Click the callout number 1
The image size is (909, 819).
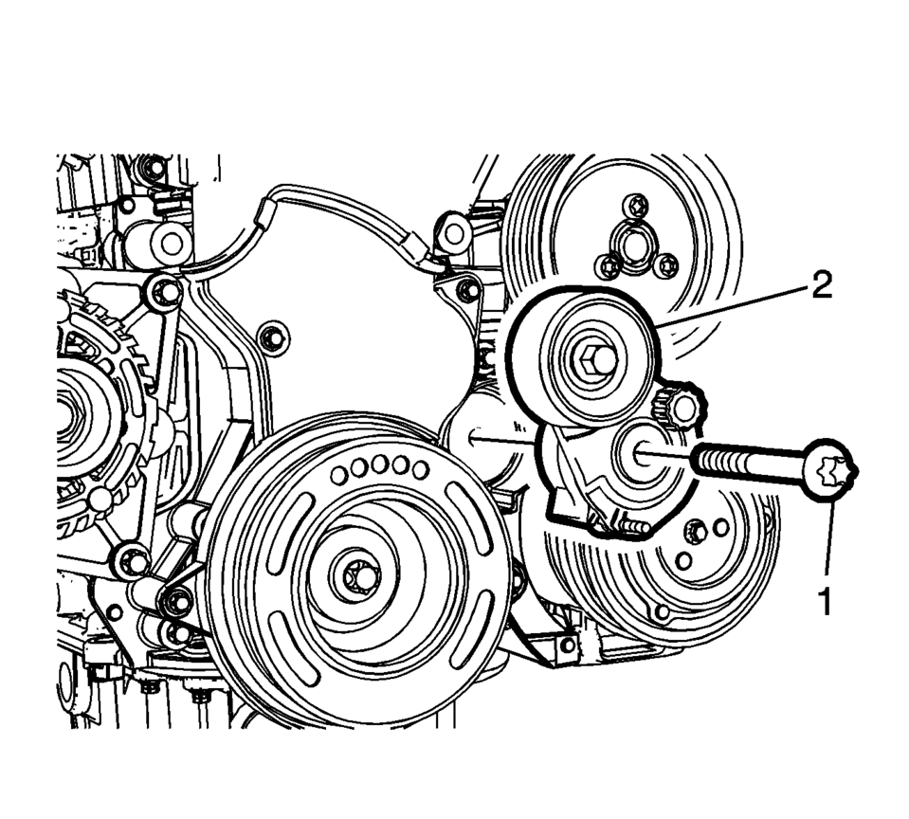pos(824,601)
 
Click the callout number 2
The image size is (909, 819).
pos(822,284)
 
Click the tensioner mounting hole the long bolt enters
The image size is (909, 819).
pos(641,450)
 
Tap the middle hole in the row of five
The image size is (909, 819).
pos(379,464)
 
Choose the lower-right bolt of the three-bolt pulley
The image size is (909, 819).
pos(665,265)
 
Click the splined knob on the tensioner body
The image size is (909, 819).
pos(680,405)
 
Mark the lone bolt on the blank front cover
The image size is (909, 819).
pos(271,338)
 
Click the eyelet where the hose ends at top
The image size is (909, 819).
pos(454,233)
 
